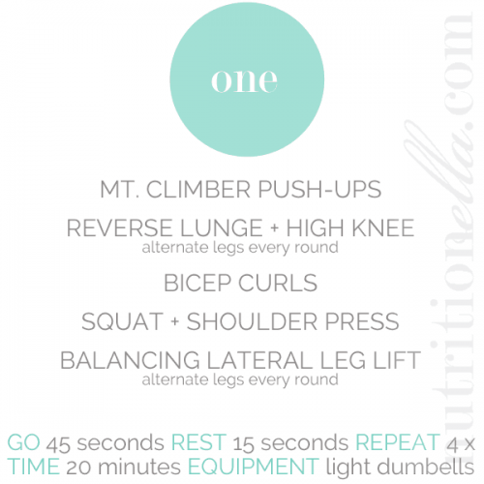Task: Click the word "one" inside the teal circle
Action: click(244, 80)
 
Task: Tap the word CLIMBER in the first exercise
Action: click(198, 190)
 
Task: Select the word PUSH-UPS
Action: click(319, 190)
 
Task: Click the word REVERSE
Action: click(119, 228)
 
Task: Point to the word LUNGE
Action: click(222, 228)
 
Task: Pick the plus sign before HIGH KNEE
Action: click(275, 228)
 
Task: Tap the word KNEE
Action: click(383, 228)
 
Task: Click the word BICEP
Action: click(197, 284)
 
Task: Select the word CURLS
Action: click(278, 284)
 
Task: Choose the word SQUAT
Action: click(123, 322)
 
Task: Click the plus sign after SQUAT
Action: click(175, 322)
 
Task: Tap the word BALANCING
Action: click(130, 360)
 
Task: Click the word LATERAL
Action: click(259, 360)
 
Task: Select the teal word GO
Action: click(23, 442)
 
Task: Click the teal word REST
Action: click(198, 442)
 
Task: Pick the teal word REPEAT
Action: click(398, 442)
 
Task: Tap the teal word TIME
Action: click(33, 467)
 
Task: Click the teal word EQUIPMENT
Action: click(254, 467)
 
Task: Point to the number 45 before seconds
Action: click(58, 443)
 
